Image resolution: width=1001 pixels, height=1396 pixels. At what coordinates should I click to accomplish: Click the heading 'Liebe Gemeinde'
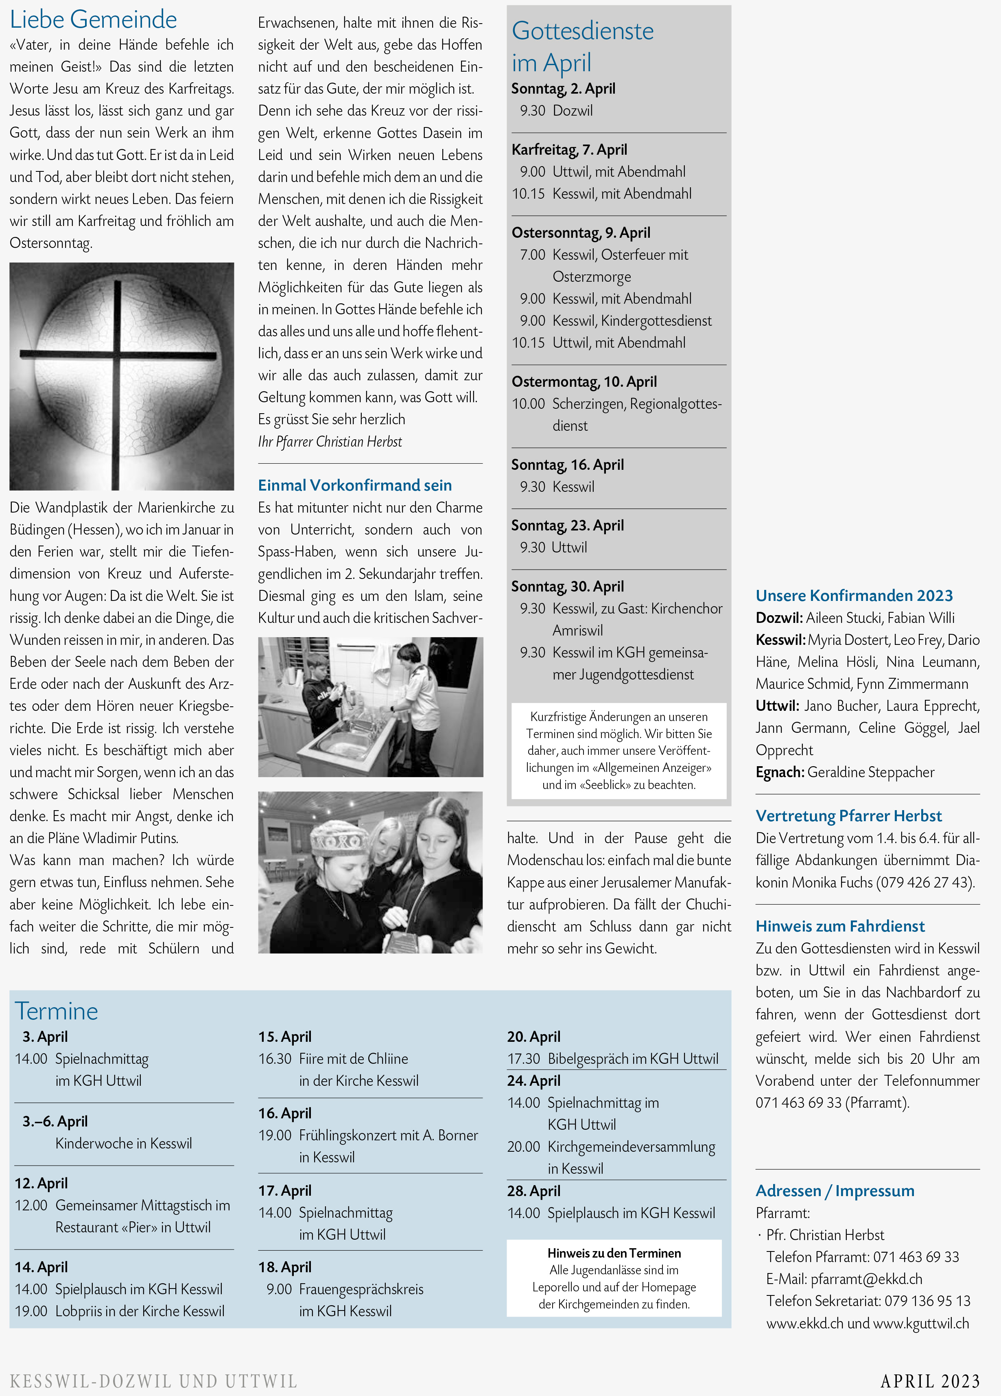(x=94, y=20)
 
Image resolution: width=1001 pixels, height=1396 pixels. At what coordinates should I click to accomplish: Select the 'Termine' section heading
(x=57, y=1011)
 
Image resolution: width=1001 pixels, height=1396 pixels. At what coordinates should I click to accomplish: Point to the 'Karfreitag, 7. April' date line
(x=569, y=149)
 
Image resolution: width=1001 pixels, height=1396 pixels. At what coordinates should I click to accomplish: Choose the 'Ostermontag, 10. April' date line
(x=584, y=381)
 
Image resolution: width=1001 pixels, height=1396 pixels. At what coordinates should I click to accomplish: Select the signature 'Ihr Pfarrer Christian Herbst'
(x=330, y=441)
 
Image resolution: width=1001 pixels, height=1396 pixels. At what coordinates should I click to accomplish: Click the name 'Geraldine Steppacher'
(x=870, y=772)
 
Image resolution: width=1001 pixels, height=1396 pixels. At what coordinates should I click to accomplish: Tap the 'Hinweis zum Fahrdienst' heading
(x=840, y=926)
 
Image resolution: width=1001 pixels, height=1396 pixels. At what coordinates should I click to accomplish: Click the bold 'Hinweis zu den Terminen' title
(x=614, y=1253)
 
